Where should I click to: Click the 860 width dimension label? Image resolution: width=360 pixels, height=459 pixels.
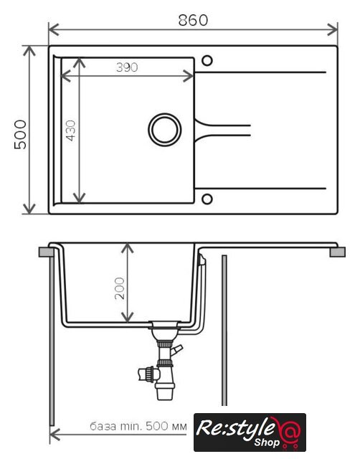(x=193, y=20)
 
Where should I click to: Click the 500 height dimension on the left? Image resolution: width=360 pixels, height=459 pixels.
(x=20, y=134)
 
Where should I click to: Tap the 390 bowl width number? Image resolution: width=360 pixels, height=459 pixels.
(x=127, y=67)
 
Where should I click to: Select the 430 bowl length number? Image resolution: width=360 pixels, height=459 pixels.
(x=70, y=131)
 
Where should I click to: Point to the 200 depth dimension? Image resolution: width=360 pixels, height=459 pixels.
(x=120, y=288)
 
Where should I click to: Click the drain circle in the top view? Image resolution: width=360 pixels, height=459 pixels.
(x=164, y=129)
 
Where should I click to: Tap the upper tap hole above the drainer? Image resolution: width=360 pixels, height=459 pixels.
(x=207, y=61)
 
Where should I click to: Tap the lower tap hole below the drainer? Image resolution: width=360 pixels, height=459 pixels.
(x=207, y=199)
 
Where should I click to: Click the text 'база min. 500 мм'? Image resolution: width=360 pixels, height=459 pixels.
(x=138, y=426)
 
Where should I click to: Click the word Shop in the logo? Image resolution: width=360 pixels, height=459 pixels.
(x=267, y=442)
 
